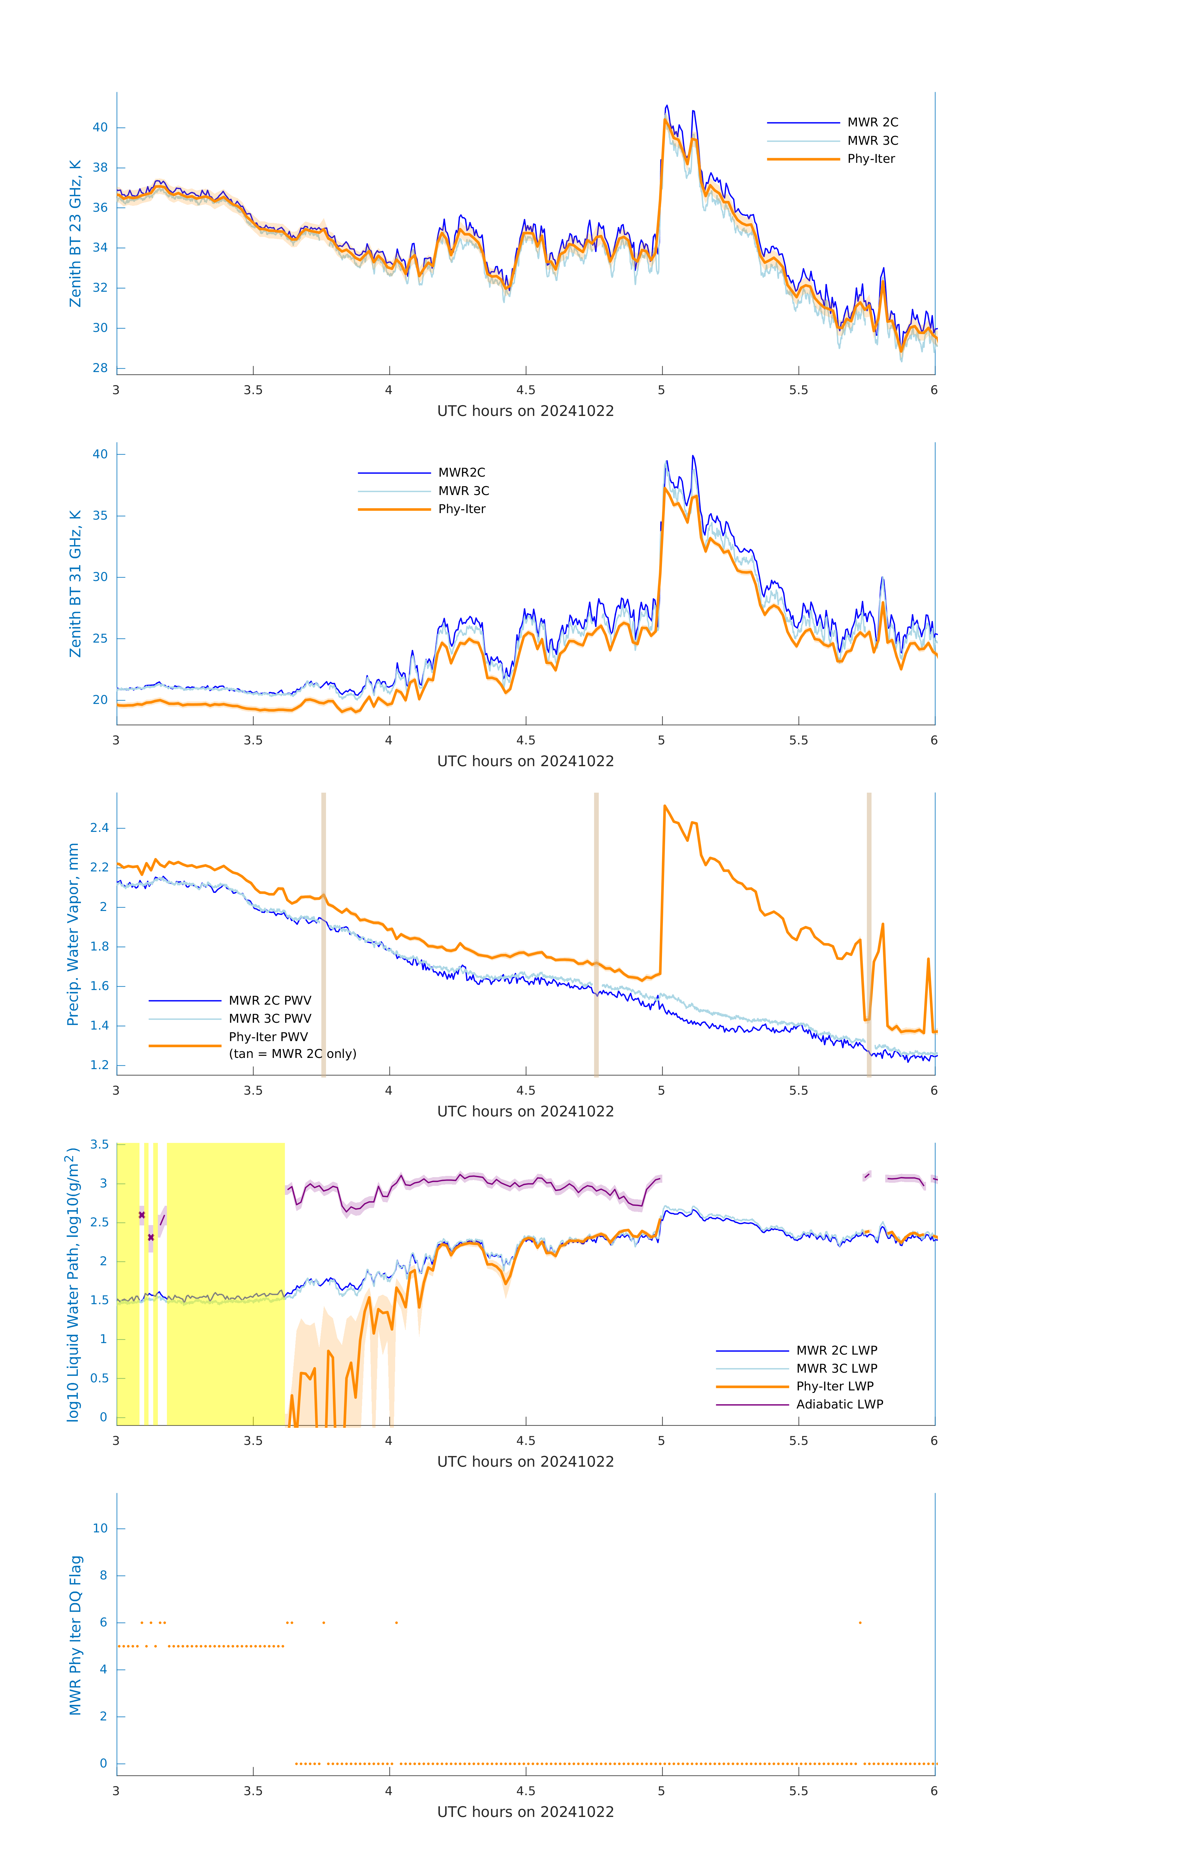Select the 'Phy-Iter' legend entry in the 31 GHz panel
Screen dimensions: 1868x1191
pyautogui.click(x=462, y=509)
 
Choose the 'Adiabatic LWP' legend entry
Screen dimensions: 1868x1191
pyautogui.click(x=839, y=1404)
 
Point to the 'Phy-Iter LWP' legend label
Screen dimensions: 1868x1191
pyautogui.click(x=835, y=1386)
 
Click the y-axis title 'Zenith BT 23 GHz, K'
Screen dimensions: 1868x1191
pyautogui.click(x=75, y=233)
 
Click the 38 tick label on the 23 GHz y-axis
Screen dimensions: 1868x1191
pyautogui.click(x=100, y=167)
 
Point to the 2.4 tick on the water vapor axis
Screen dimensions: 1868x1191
pyautogui.click(x=99, y=828)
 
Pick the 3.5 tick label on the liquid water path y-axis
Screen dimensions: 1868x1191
pyautogui.click(x=99, y=1144)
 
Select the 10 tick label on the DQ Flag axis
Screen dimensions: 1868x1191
pyautogui.click(x=100, y=1528)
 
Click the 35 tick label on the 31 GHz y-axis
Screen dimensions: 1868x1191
pyautogui.click(x=100, y=516)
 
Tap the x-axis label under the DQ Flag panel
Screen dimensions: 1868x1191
pyautogui.click(x=525, y=1812)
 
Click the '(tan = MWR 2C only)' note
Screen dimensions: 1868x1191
pyautogui.click(x=292, y=1054)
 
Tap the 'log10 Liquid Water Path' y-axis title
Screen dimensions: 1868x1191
pyautogui.click(x=73, y=1284)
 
